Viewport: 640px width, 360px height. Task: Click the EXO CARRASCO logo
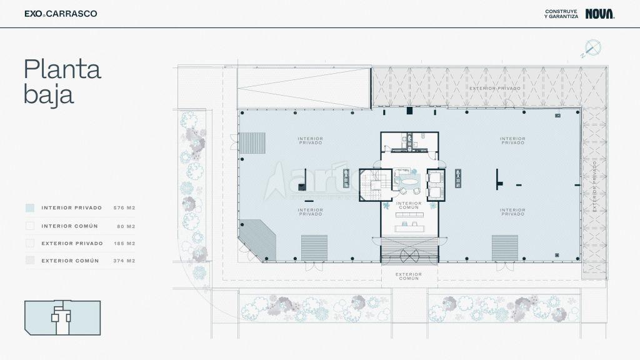[x=61, y=14]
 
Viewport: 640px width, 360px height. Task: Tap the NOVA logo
[x=600, y=14]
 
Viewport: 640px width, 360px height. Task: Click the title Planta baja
[x=62, y=82]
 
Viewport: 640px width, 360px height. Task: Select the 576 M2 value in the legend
[x=124, y=207]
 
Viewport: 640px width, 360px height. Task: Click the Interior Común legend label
[x=70, y=226]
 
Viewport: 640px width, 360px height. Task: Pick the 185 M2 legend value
[x=124, y=243]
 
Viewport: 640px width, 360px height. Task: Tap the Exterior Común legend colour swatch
[x=30, y=261]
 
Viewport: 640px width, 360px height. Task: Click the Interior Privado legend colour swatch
[x=30, y=207]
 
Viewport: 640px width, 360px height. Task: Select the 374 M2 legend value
[x=124, y=261]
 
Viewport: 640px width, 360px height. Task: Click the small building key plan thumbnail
[x=62, y=317]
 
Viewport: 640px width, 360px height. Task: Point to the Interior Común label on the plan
[x=409, y=205]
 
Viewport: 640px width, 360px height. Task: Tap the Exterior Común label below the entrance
[x=409, y=276]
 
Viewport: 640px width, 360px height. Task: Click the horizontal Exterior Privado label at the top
[x=495, y=88]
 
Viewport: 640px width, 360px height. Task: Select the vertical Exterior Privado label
[x=595, y=186]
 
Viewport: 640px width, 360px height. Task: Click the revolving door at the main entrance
[x=410, y=256]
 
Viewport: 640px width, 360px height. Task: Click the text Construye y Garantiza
[x=561, y=14]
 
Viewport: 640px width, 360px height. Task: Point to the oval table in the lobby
[x=409, y=180]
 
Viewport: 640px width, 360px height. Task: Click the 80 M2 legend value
[x=126, y=226]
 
